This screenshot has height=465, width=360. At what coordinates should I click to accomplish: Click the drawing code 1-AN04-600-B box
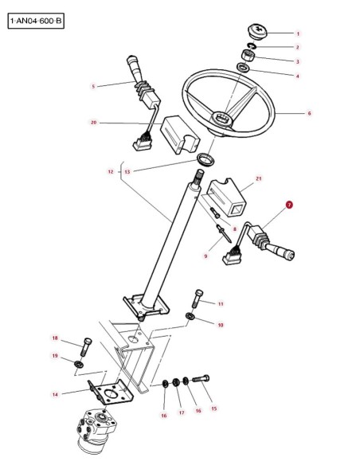36,21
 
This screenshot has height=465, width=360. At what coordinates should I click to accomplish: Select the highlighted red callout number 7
289,205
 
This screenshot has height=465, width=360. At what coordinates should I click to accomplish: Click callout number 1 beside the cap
298,33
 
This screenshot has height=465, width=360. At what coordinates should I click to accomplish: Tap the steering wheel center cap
257,30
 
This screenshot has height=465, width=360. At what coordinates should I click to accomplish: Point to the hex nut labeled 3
248,56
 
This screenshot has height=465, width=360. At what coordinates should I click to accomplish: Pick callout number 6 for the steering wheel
309,113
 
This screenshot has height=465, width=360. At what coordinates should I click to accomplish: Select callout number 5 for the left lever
93,86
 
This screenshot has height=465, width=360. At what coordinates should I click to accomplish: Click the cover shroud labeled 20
179,135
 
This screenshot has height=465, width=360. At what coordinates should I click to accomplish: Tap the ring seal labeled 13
206,159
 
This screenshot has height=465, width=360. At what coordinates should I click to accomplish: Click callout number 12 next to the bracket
111,172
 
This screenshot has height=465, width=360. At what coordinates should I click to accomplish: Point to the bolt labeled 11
198,299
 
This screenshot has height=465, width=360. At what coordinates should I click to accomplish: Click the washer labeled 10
190,316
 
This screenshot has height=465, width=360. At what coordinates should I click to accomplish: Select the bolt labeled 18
86,347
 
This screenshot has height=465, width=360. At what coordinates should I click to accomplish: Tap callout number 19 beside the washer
55,356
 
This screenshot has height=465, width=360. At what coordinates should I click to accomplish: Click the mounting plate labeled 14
111,392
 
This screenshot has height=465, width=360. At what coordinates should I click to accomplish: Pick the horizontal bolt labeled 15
201,379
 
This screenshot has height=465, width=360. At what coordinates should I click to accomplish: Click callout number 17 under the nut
182,412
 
